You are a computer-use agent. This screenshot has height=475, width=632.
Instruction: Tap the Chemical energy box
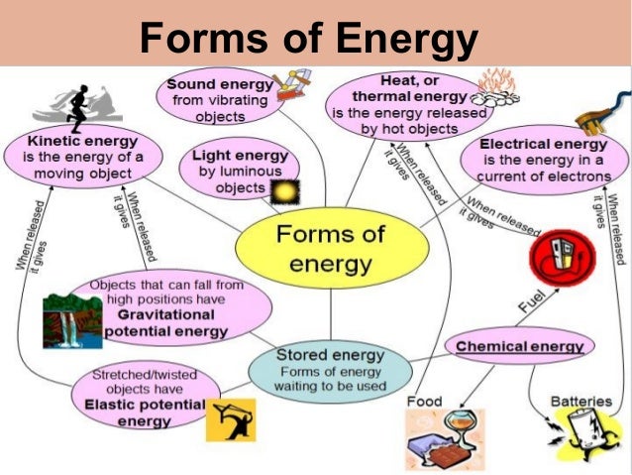coord(520,346)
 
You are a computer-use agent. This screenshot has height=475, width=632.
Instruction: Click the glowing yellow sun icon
coord(286,190)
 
